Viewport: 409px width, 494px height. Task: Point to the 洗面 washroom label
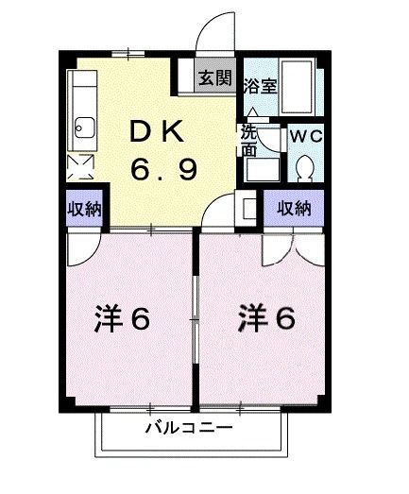point(247,141)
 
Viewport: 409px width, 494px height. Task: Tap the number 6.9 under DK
point(163,170)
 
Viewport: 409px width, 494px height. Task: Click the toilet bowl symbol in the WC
point(304,168)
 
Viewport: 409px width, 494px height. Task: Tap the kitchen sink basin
point(82,125)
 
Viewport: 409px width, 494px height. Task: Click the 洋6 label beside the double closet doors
point(266,319)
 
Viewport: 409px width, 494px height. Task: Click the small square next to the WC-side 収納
point(249,208)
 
